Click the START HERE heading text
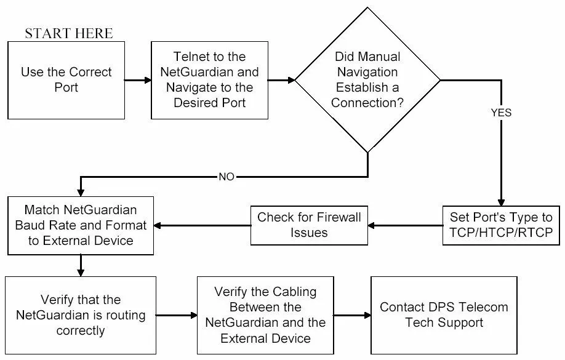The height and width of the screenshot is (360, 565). coord(69,33)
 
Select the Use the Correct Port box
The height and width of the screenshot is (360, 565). coord(66,80)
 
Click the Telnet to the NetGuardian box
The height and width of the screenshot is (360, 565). coord(209,80)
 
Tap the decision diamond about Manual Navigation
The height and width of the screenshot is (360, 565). coord(367,80)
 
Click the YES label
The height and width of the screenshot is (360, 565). coord(501,113)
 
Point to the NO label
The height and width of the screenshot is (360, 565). coord(226,177)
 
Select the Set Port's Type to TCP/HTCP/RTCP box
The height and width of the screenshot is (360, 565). coord(501,225)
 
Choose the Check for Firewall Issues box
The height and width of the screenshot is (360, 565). coord(309,225)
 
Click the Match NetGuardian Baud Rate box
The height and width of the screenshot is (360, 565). coord(80,225)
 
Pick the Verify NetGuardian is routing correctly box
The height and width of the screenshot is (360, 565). coord(80,315)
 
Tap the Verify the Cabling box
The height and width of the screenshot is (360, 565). coord(265,315)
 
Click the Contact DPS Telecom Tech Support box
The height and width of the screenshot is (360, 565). coord(444,315)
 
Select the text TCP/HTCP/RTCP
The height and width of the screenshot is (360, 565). coord(501,233)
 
